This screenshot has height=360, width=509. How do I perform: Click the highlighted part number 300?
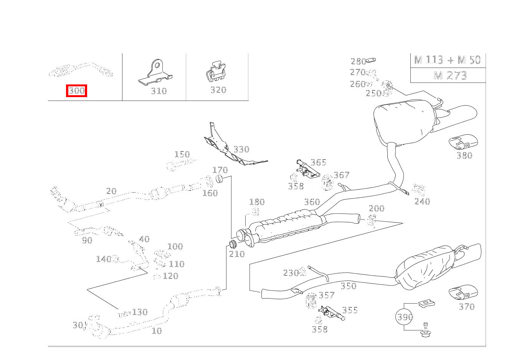click(76, 91)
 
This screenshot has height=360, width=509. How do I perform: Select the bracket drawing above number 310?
click(155, 73)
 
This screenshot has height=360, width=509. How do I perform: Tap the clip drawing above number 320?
click(216, 72)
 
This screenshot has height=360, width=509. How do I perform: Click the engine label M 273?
click(450, 75)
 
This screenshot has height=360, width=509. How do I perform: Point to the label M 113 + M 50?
click(448, 60)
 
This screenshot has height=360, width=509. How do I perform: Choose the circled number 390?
click(405, 317)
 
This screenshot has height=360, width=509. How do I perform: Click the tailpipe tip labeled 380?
click(463, 142)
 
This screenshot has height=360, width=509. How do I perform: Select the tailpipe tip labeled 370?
click(463, 293)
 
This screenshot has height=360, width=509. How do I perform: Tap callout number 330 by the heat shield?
click(241, 149)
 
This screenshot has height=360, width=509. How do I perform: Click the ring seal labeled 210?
click(232, 244)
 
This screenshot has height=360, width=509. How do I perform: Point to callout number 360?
click(312, 202)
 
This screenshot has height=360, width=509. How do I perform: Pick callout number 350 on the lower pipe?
click(348, 286)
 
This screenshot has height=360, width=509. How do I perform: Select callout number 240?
click(422, 201)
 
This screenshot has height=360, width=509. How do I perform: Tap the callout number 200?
click(376, 208)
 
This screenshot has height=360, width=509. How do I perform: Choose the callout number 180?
click(257, 202)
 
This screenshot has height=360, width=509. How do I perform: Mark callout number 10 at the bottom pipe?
click(157, 331)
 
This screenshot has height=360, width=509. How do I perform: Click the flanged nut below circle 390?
click(425, 332)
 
